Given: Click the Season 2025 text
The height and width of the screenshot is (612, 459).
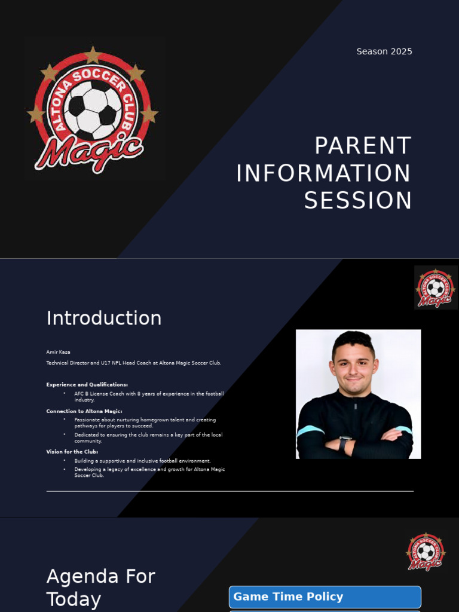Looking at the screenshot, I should pyautogui.click(x=384, y=51).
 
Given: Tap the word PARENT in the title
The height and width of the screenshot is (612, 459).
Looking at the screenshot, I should pyautogui.click(x=363, y=146).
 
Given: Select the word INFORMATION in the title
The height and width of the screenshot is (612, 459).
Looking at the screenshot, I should pyautogui.click(x=323, y=174).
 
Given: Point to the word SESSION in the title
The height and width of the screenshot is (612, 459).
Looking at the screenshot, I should pyautogui.click(x=358, y=201).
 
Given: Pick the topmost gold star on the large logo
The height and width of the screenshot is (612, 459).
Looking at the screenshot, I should pyautogui.click(x=92, y=55).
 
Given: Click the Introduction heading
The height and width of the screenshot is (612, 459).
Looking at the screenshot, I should pyautogui.click(x=104, y=318).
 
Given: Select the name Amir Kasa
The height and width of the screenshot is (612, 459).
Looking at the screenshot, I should pyautogui.click(x=58, y=352).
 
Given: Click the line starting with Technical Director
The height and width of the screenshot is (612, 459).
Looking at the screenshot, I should pyautogui.click(x=134, y=363).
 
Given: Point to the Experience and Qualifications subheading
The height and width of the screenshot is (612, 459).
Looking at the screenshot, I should pyautogui.click(x=87, y=384).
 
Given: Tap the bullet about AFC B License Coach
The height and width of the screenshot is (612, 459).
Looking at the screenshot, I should pyautogui.click(x=149, y=396).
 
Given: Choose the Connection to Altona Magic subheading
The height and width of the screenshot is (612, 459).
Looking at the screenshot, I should pyautogui.click(x=84, y=411).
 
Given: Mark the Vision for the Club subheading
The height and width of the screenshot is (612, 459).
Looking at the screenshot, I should pyautogui.click(x=72, y=452).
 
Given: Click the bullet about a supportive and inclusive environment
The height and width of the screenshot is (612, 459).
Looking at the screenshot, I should pyautogui.click(x=142, y=461).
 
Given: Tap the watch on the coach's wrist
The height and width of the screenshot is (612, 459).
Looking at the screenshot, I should pyautogui.click(x=344, y=443).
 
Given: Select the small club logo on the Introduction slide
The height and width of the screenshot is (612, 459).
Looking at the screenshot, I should pyautogui.click(x=436, y=287).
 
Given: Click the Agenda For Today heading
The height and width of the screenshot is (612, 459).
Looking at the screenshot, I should pyautogui.click(x=100, y=587).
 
